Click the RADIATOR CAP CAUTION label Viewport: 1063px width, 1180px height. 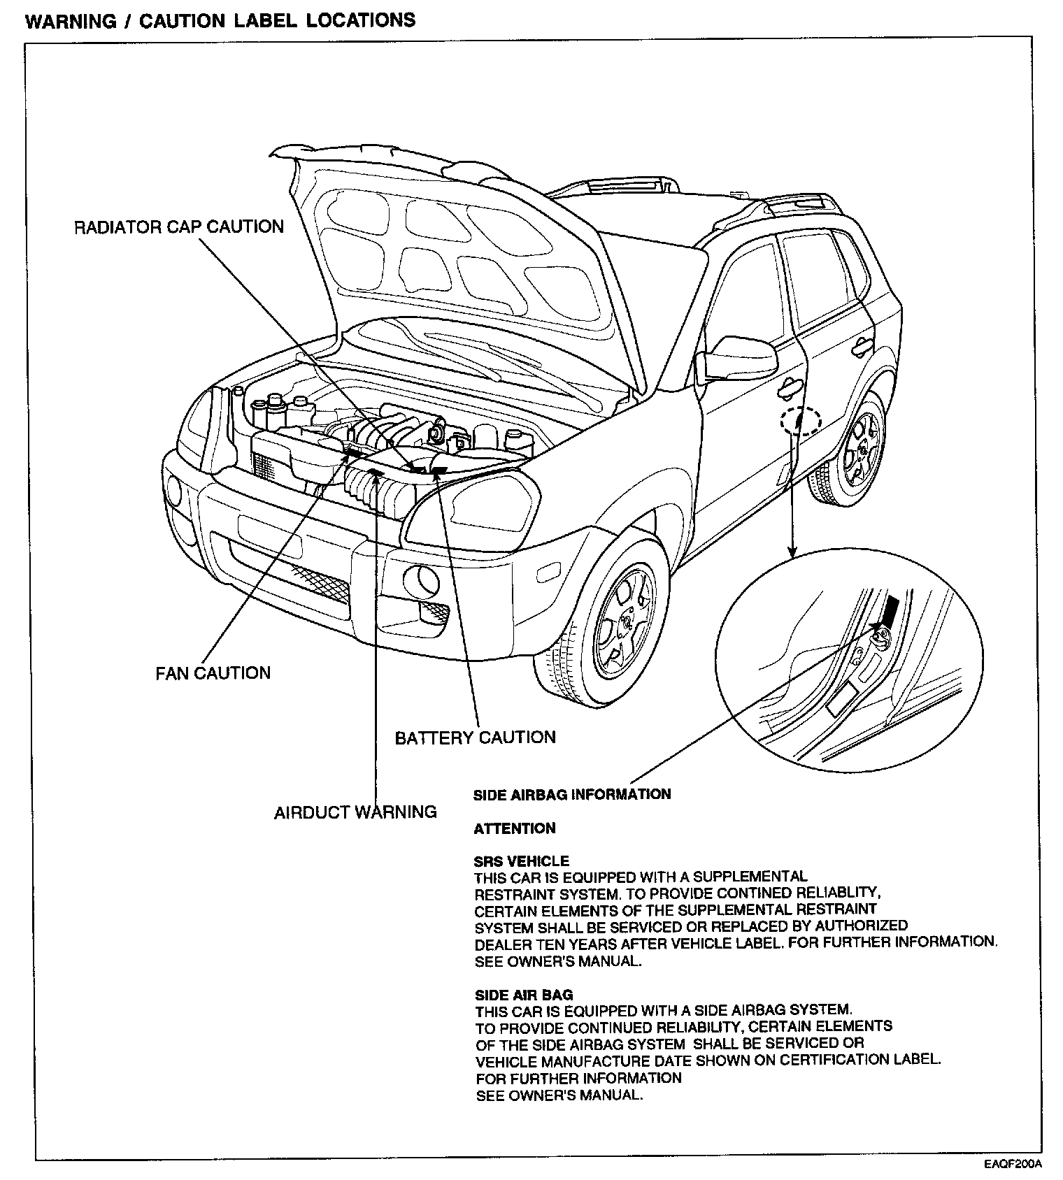[x=179, y=227]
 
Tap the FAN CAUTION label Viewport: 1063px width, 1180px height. [x=213, y=673]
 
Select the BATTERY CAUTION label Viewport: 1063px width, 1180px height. [x=475, y=737]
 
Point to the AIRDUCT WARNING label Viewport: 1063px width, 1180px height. [x=355, y=812]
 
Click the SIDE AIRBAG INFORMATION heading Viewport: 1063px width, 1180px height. [x=572, y=794]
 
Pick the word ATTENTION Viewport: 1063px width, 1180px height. [x=515, y=828]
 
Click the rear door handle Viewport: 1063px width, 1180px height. [x=862, y=345]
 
